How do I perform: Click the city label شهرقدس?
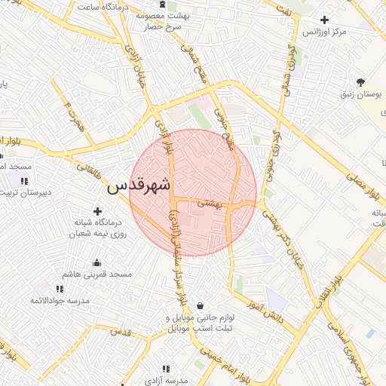[139, 185]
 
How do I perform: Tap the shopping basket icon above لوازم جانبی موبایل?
[200, 305]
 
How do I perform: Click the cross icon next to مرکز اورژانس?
[324, 20]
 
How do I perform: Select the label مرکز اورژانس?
[323, 33]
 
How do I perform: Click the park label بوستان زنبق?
[359, 95]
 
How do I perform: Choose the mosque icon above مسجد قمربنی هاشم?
[96, 262]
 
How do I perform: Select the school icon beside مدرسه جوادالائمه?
[60, 289]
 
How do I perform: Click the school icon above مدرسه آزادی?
[166, 369]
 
